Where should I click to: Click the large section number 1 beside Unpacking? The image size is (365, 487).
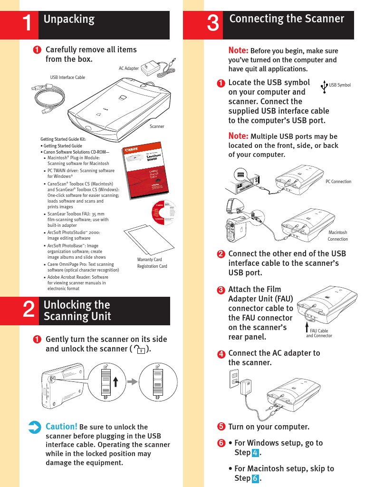(29, 25)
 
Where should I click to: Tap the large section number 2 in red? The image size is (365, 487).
(29, 311)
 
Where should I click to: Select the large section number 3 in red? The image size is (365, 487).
(213, 25)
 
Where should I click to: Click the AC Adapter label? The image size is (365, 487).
(128, 68)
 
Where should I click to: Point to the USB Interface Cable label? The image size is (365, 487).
(67, 77)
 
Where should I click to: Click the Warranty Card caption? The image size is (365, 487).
(149, 260)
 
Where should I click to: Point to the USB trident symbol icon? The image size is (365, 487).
(324, 86)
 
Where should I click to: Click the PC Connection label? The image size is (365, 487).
(338, 182)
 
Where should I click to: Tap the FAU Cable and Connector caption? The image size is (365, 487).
(318, 333)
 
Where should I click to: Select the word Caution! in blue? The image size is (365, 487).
(61, 426)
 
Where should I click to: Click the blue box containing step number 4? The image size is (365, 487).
(256, 452)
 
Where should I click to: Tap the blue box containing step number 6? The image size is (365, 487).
(256, 478)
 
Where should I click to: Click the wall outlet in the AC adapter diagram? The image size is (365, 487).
(234, 379)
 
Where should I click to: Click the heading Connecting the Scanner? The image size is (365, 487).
(287, 19)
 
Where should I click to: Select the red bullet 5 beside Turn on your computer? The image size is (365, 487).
(221, 427)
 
